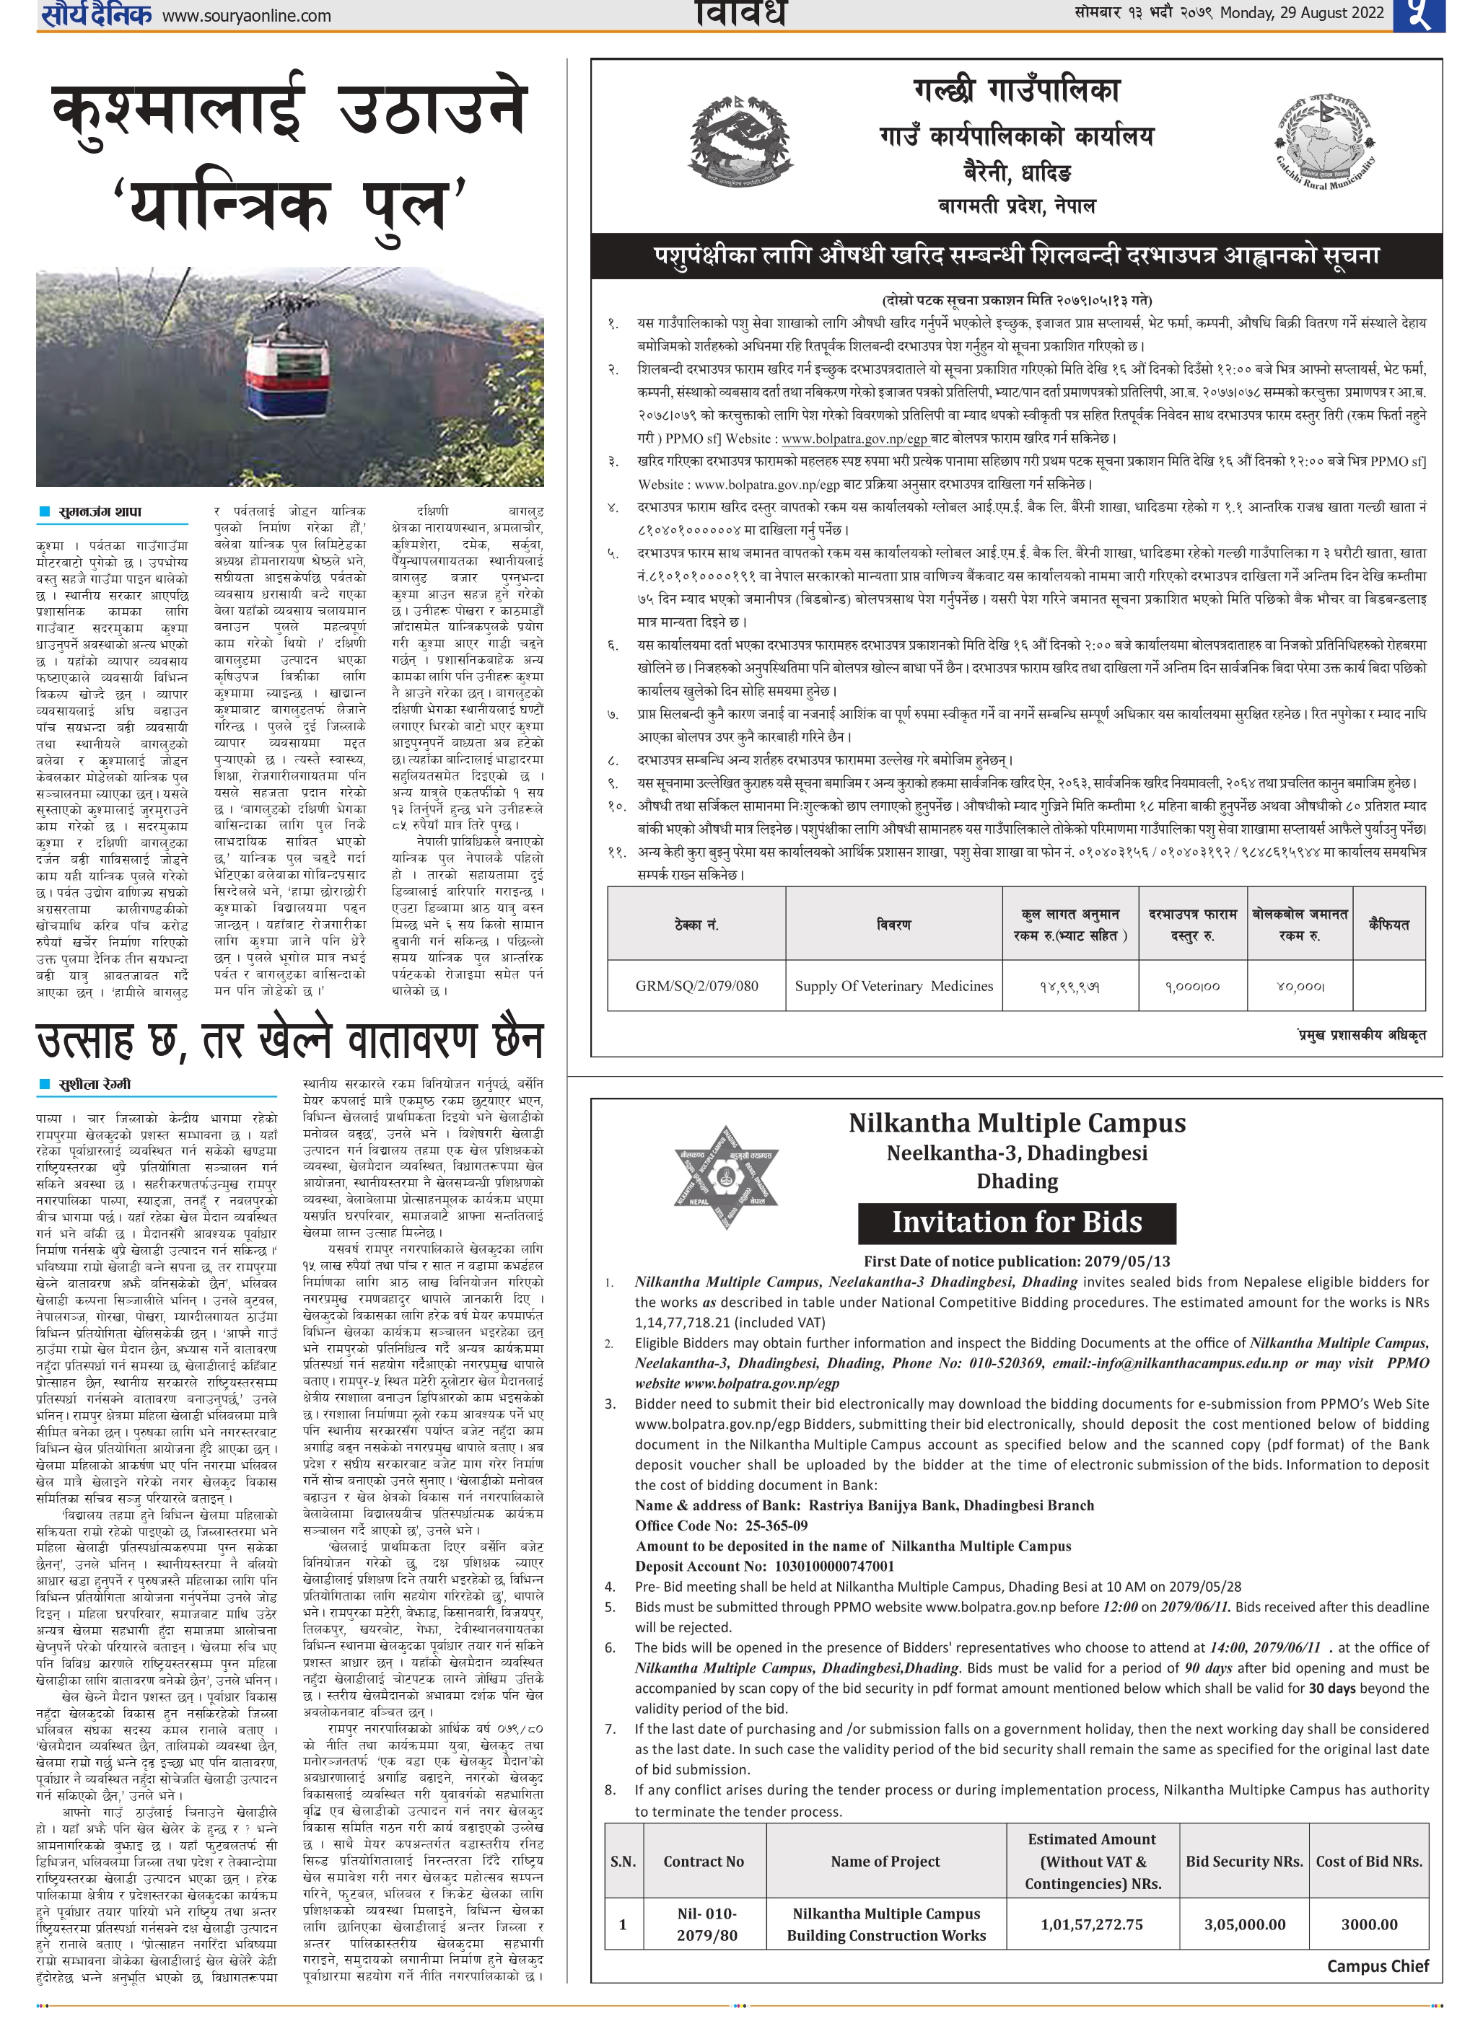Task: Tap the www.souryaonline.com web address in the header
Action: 247,16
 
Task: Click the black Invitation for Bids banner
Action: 1016,1223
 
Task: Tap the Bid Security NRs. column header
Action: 1243,1861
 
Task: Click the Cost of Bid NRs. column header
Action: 1368,1861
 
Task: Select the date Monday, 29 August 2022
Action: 1302,12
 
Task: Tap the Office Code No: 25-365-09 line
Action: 720,1525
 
